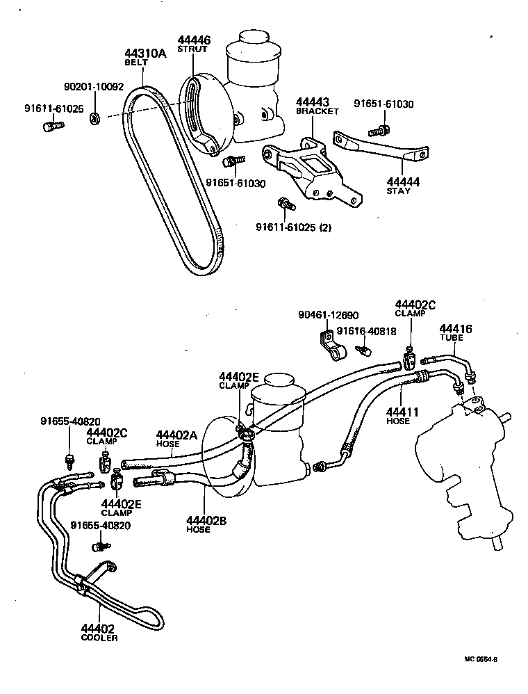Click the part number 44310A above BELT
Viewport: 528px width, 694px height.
tap(145, 53)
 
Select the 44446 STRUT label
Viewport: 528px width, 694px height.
tap(193, 45)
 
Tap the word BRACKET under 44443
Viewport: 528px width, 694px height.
tap(317, 111)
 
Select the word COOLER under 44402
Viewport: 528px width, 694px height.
tap(99, 638)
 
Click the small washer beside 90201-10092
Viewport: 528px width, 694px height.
tap(94, 118)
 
